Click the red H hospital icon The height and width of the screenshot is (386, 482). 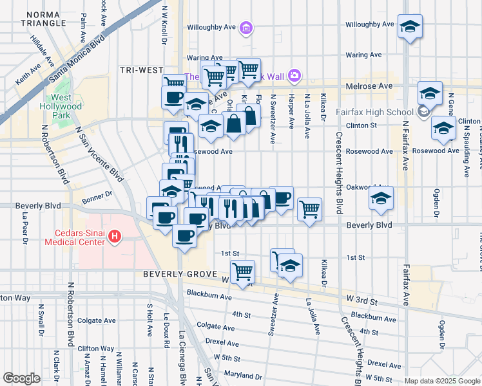pyautogui.click(x=115, y=237)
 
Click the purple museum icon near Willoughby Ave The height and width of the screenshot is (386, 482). pyautogui.click(x=246, y=28)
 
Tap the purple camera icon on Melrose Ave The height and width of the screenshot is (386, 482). pyautogui.click(x=294, y=76)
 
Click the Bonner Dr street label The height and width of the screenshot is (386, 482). pyautogui.click(x=97, y=192)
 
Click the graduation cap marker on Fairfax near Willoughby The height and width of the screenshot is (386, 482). pyautogui.click(x=410, y=26)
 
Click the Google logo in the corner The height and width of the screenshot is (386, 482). pyautogui.click(x=21, y=378)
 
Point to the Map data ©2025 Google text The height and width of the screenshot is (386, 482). pyautogui.click(x=443, y=381)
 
